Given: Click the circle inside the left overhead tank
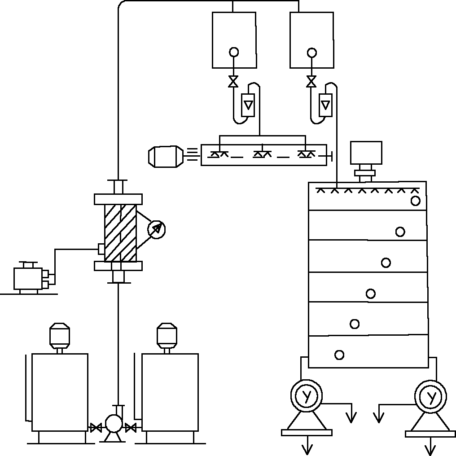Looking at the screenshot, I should [234, 52].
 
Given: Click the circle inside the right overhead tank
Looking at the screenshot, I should [311, 53].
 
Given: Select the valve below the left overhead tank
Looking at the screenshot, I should [233, 82].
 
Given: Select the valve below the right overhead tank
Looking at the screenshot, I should [311, 82].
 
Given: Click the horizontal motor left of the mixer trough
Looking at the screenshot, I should [165, 156].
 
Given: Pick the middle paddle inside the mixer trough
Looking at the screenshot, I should [262, 154].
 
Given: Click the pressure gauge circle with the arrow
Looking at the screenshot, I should [157, 229].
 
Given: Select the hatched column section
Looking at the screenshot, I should [120, 232].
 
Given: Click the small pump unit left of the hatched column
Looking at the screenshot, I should [30, 278].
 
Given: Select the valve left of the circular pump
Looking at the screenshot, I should [96, 428].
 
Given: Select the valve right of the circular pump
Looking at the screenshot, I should [131, 428].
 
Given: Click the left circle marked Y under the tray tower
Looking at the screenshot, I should [307, 396].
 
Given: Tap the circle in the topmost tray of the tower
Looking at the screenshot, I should [415, 201].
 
